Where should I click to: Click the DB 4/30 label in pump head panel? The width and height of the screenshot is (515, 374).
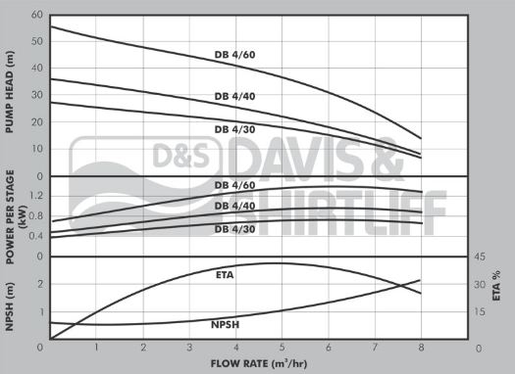(234, 129)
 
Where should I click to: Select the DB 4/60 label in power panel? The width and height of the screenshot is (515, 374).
(233, 185)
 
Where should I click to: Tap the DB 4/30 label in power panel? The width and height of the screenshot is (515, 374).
(233, 229)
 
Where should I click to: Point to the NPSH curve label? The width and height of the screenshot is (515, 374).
(226, 324)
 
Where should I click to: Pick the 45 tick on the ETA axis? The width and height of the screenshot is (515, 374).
(480, 257)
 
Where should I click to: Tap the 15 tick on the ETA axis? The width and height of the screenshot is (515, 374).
(480, 311)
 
